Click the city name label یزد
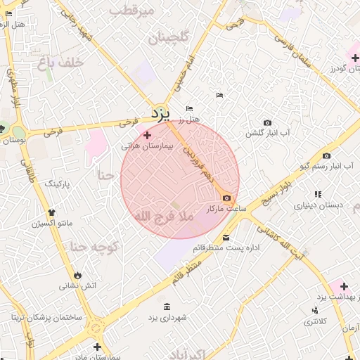[160, 112]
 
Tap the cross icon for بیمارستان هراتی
[147, 135]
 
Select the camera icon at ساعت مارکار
[226, 198]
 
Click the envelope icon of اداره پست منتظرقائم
[226, 237]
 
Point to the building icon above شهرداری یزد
[167, 307]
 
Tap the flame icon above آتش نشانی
[77, 275]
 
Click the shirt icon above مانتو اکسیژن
[51, 212]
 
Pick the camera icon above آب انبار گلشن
[267, 122]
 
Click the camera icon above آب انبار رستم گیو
[326, 155]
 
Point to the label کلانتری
[314, 321]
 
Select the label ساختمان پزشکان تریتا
[46, 317]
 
